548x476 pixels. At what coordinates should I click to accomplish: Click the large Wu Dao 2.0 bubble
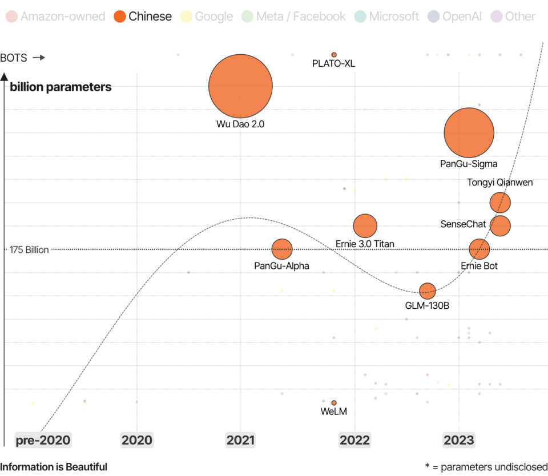click(x=240, y=86)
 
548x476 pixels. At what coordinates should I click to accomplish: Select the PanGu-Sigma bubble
click(x=469, y=132)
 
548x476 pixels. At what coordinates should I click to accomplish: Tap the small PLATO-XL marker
click(x=334, y=55)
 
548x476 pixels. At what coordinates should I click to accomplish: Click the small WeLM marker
click(x=334, y=403)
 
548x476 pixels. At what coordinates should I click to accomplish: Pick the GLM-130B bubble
click(x=427, y=291)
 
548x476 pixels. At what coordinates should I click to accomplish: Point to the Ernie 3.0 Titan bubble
click(x=365, y=225)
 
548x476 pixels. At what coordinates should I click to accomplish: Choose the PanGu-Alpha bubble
click(x=281, y=249)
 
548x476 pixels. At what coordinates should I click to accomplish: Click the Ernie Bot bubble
click(x=479, y=249)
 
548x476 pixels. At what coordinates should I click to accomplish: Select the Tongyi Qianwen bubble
click(x=500, y=202)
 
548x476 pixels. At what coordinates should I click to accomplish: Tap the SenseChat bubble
click(x=500, y=225)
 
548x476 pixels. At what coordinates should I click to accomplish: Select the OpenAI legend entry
click(x=454, y=17)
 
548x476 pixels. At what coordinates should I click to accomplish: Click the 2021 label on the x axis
click(x=240, y=440)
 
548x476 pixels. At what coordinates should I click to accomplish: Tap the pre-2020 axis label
click(x=43, y=440)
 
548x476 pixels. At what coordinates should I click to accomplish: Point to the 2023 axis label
click(x=458, y=440)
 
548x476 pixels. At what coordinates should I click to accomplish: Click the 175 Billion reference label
click(x=29, y=249)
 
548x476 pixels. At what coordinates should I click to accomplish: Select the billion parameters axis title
click(x=61, y=87)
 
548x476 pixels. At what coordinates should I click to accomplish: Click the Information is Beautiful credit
click(x=54, y=467)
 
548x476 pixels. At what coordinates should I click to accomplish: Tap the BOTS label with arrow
click(x=22, y=58)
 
